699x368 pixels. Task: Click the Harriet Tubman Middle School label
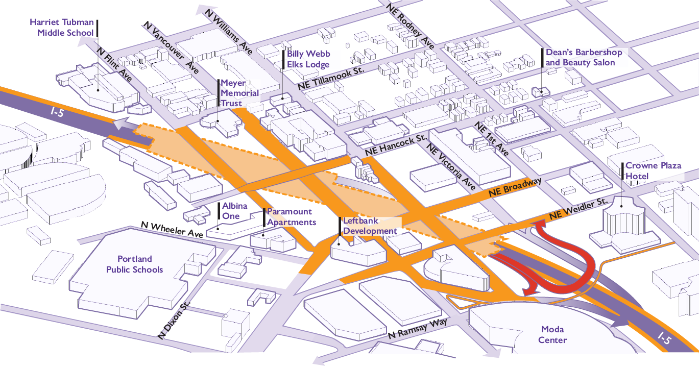pyautogui.click(x=62, y=28)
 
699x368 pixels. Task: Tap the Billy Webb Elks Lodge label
pyautogui.click(x=308, y=59)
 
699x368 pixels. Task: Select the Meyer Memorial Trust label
pyautogui.click(x=239, y=93)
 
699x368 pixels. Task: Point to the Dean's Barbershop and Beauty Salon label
pyautogui.click(x=584, y=57)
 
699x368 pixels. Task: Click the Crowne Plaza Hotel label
pyautogui.click(x=653, y=170)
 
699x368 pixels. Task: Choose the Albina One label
pyautogui.click(x=235, y=211)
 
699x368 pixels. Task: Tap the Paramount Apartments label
pyautogui.click(x=292, y=217)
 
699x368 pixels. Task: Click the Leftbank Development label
pyautogui.click(x=370, y=226)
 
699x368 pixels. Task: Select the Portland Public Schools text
pyautogui.click(x=134, y=264)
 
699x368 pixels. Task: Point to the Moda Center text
pyautogui.click(x=552, y=335)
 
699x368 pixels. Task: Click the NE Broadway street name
pyautogui.click(x=515, y=187)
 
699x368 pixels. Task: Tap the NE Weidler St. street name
pyautogui.click(x=578, y=208)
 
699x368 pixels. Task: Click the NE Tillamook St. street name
pyautogui.click(x=331, y=78)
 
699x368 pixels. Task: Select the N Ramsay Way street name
pyautogui.click(x=418, y=328)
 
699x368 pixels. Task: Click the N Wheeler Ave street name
pyautogui.click(x=172, y=230)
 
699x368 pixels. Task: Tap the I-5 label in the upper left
pyautogui.click(x=57, y=112)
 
